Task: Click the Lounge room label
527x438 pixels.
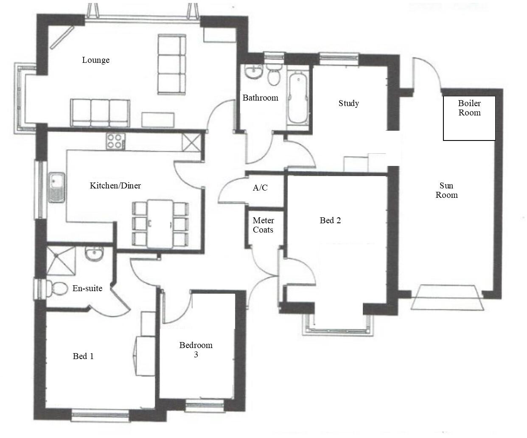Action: coord(95,60)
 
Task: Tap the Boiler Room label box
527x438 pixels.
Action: coord(469,118)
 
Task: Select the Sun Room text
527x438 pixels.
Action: coord(446,191)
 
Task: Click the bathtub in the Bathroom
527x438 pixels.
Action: coord(298,97)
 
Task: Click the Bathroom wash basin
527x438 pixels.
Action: coord(255,71)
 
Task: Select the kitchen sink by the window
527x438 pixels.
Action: coord(56,187)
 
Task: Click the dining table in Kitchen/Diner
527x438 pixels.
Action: coord(160,224)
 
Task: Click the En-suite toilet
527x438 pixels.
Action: coord(56,289)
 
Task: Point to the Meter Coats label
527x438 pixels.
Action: coord(263,225)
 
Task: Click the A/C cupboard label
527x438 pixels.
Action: coord(260,188)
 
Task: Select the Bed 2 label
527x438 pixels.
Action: coord(330,220)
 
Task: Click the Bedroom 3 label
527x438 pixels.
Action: coord(196,350)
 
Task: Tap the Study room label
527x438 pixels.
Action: coord(348,103)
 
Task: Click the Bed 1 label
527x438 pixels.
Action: coord(83,356)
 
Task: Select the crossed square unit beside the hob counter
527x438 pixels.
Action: coord(191,142)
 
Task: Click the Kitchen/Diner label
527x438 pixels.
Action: coord(115,185)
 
